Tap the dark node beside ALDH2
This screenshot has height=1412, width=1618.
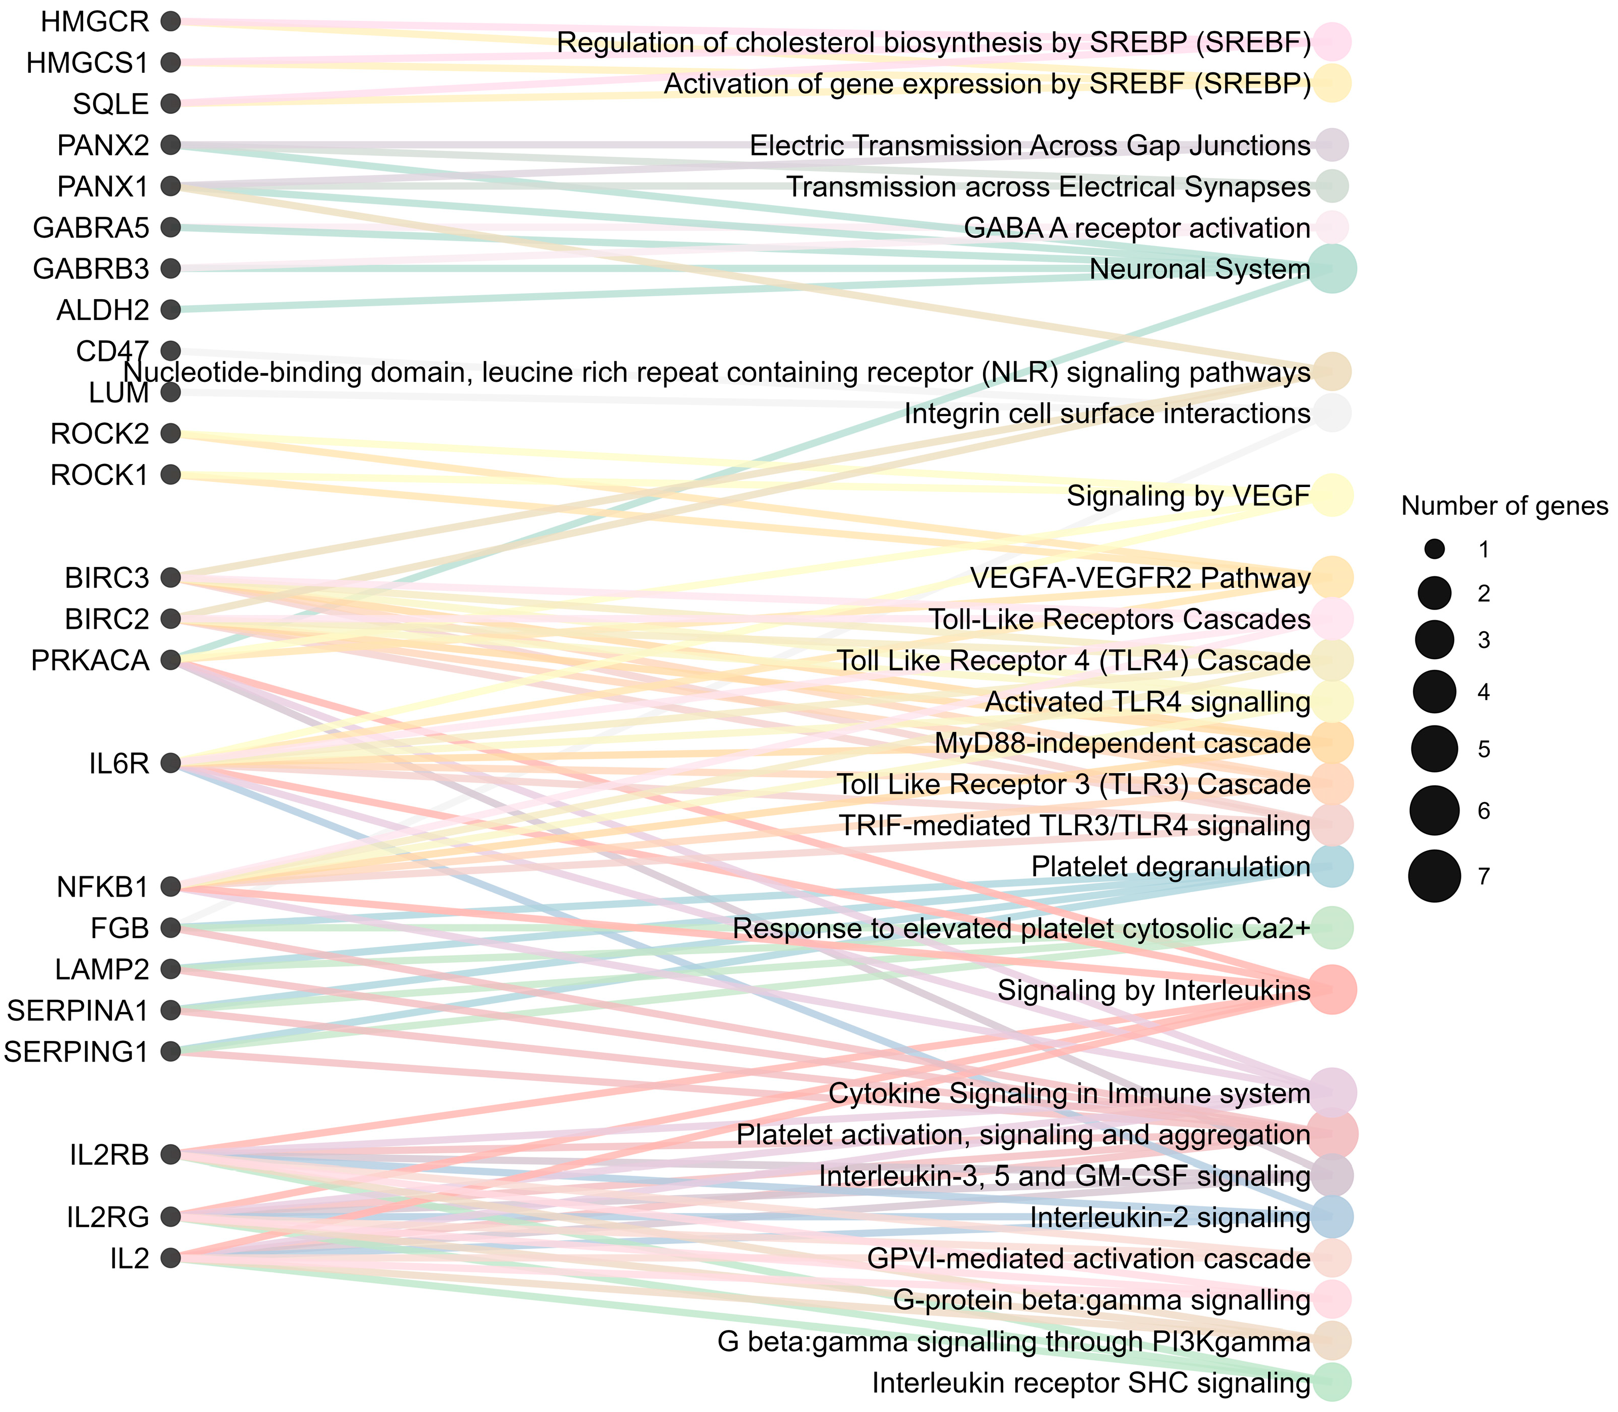coord(170,310)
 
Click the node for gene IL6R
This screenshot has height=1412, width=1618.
coord(170,763)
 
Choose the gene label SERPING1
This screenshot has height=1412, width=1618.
coord(76,1051)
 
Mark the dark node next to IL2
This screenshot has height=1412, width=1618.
coord(170,1259)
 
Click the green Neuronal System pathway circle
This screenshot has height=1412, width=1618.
coord(1332,269)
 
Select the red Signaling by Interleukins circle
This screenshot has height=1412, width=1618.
coord(1332,990)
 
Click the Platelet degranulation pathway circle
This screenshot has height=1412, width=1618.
coord(1332,867)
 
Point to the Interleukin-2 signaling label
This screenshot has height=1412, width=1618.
coord(1169,1218)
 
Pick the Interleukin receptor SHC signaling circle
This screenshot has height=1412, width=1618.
coord(1332,1383)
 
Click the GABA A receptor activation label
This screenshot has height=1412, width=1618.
coord(1136,228)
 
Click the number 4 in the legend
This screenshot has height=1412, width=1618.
coord(1484,693)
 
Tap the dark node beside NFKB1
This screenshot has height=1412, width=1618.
coord(170,887)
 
